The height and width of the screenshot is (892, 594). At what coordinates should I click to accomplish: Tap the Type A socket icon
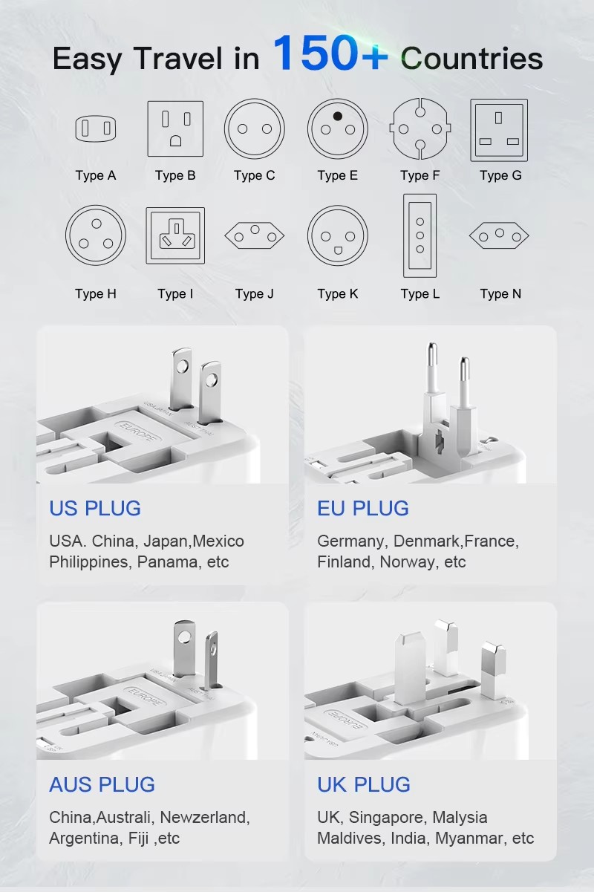pos(96,129)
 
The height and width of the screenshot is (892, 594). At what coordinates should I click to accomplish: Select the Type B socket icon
pos(175,129)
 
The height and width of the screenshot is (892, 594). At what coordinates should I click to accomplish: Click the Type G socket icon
pos(499,130)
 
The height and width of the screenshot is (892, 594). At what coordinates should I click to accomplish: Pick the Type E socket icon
pos(337,129)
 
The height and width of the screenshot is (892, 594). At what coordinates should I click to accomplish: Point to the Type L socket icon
pos(420,235)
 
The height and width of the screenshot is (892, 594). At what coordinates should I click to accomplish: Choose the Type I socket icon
pos(175,235)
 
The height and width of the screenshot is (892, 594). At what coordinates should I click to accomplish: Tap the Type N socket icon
pos(499,237)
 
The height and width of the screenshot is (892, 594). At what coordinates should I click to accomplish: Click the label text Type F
pos(420,175)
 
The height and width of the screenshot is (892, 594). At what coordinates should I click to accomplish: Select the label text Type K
pos(337,293)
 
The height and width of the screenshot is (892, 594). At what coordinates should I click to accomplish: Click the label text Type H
pos(96,293)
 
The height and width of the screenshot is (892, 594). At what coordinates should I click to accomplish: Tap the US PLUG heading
pos(95,508)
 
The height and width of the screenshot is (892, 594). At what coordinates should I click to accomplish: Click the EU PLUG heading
pos(363,508)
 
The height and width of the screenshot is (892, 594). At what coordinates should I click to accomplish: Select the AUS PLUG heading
pos(102,784)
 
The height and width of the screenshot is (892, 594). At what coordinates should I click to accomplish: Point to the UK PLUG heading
pos(364,784)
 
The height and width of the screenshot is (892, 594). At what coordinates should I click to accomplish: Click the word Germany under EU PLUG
pos(351,541)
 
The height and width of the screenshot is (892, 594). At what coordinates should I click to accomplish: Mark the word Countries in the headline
pos(471,59)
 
